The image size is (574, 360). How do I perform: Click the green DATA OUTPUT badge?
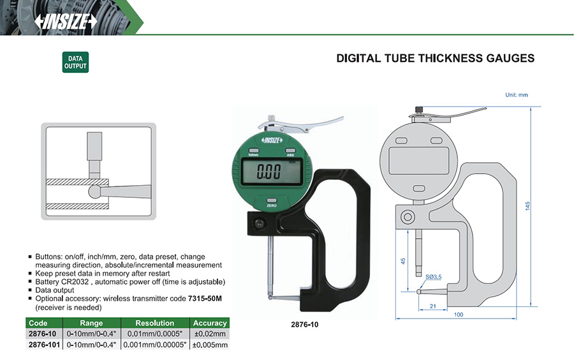pos(75,63)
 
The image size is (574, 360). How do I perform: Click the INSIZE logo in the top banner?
pos(66,22)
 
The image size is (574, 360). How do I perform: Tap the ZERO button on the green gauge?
pos(272,200)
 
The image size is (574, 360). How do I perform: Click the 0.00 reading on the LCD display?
pos(269,172)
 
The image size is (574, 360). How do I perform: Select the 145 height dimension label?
pos(527,206)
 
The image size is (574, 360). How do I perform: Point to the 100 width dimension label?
pos(459,315)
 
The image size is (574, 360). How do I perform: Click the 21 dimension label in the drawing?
pos(433,306)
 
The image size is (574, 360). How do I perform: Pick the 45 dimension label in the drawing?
pos(403,261)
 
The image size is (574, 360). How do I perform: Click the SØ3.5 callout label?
pos(434,277)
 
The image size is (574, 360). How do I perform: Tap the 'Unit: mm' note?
pos(517,95)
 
